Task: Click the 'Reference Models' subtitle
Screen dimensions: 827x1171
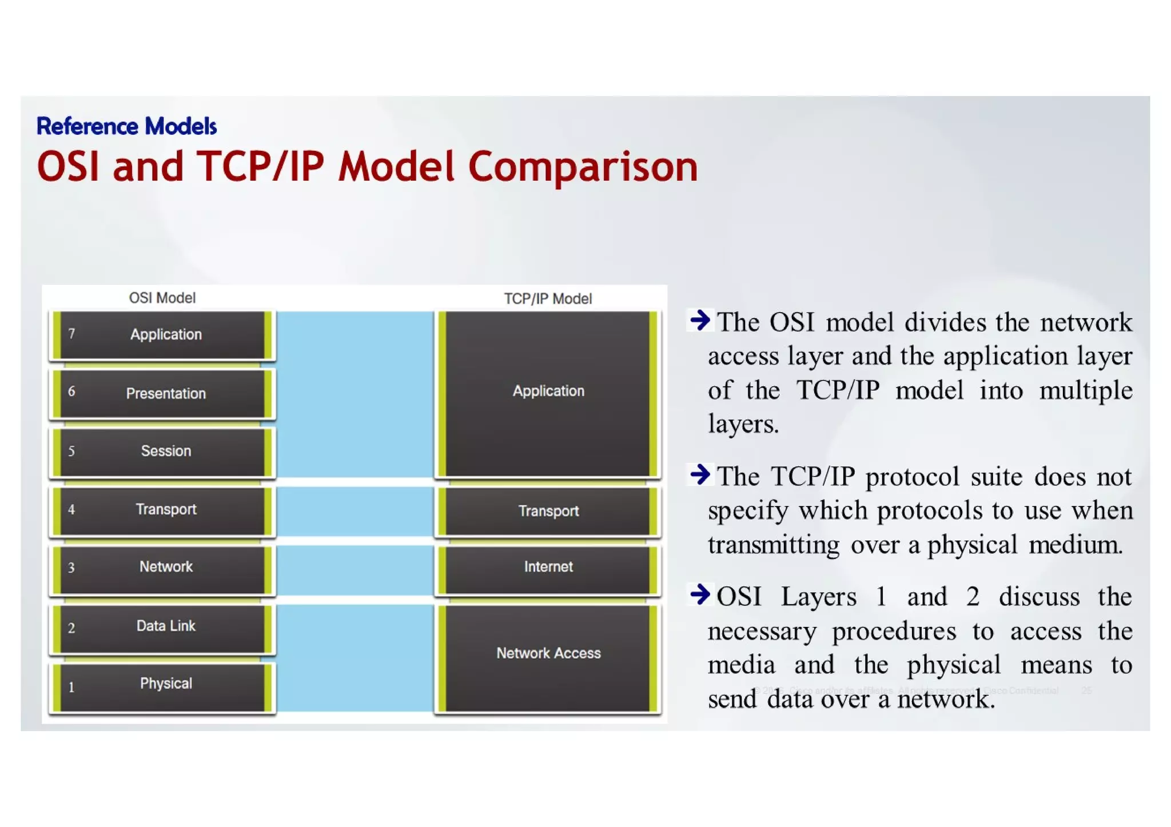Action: (126, 126)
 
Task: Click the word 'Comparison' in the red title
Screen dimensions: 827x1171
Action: (583, 167)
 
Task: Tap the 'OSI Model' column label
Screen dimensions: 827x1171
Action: (162, 298)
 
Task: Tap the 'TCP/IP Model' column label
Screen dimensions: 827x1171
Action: (547, 299)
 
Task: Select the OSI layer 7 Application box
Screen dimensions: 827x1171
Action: (163, 335)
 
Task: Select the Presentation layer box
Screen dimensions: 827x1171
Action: (163, 394)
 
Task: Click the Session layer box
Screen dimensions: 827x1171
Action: (163, 452)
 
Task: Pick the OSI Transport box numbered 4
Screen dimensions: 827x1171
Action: (163, 510)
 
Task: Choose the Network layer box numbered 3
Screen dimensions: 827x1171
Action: (163, 568)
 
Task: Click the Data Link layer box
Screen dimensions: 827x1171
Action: (163, 627)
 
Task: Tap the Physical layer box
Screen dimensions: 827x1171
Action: (163, 685)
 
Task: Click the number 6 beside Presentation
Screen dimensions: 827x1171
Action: (71, 392)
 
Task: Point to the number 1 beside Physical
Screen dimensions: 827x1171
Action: (71, 688)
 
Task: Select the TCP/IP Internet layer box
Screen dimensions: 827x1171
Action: (548, 568)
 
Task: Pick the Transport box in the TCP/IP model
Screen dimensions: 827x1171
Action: (548, 511)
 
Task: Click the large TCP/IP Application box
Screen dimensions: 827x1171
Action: (548, 392)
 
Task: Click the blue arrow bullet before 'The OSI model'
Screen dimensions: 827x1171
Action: (700, 320)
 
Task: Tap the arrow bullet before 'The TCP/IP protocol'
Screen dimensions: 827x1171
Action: (700, 474)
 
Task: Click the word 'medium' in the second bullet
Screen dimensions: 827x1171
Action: (1075, 545)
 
